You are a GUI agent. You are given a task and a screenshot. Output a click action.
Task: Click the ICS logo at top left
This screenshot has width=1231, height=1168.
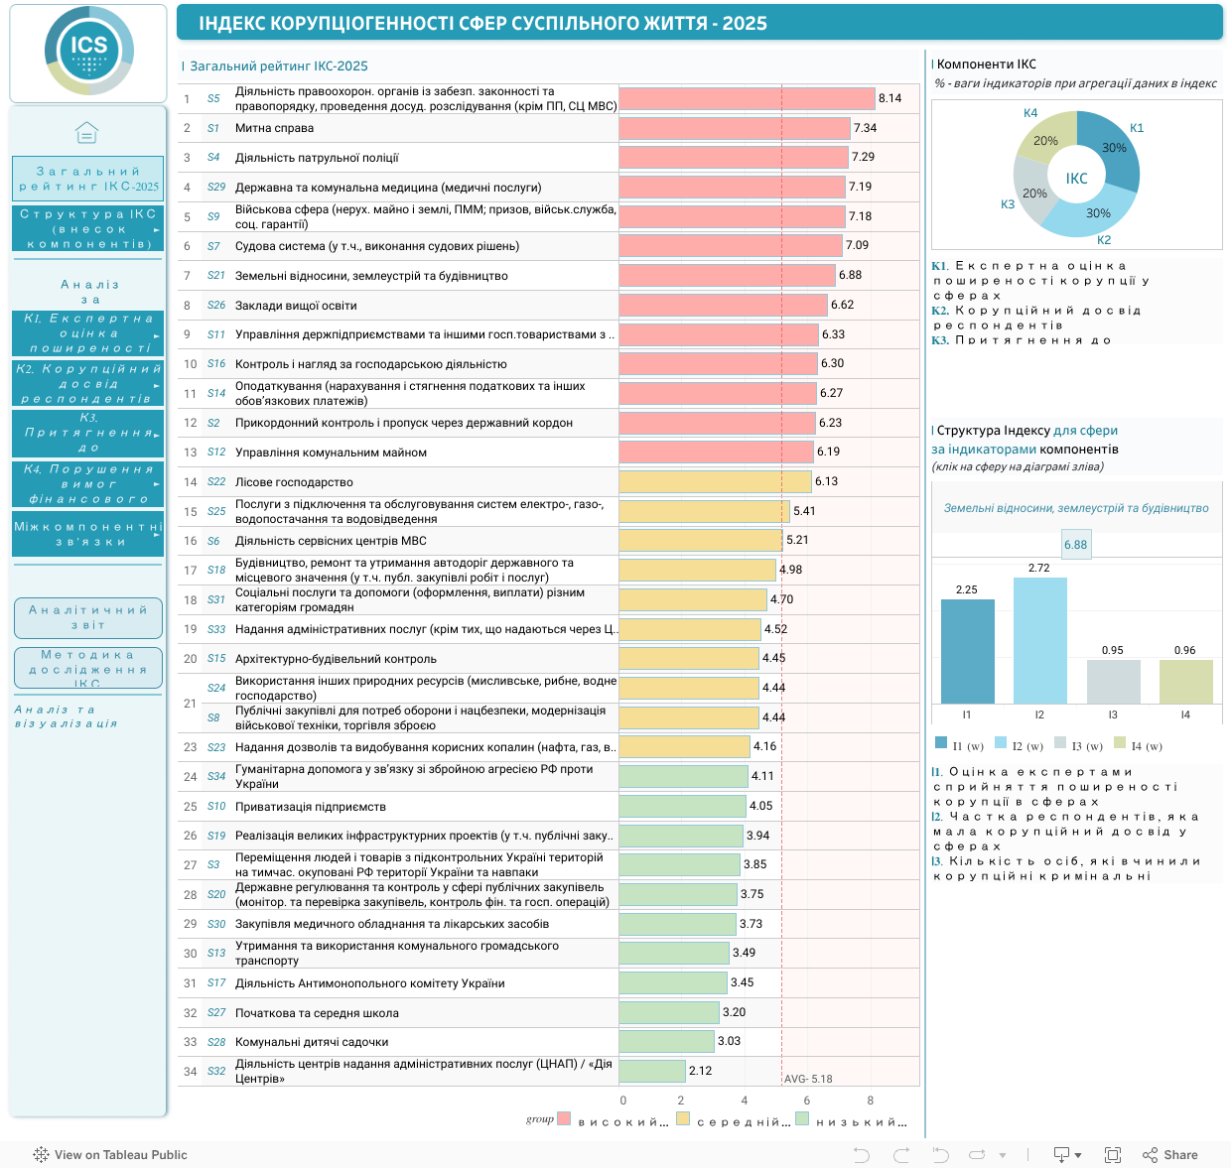(x=88, y=51)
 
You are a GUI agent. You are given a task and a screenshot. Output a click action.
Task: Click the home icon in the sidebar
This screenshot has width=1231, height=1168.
(x=86, y=132)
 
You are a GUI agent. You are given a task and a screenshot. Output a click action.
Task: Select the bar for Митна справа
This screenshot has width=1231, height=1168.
(x=735, y=128)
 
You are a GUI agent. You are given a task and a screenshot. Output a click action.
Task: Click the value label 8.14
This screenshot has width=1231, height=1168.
(x=889, y=98)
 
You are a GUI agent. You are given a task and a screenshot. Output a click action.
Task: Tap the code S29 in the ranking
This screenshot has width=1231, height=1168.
(x=216, y=187)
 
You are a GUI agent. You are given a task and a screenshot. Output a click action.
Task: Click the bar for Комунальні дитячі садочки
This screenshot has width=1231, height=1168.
(x=666, y=1041)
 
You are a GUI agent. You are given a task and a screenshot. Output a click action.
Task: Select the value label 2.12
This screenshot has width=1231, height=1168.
(x=700, y=1071)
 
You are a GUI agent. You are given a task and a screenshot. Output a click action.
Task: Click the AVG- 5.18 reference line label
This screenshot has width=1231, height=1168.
(x=808, y=1079)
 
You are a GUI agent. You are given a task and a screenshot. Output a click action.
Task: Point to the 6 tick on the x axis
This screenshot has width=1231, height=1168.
(x=807, y=1101)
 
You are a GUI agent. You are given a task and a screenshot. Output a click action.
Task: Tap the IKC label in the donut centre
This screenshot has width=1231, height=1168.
(x=1076, y=179)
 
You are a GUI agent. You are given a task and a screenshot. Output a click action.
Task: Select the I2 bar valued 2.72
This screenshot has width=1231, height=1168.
(x=1039, y=640)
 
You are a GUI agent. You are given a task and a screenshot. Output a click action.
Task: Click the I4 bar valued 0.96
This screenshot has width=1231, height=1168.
(x=1185, y=682)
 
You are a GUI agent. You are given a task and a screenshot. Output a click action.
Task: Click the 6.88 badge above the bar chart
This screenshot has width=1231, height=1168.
(x=1075, y=545)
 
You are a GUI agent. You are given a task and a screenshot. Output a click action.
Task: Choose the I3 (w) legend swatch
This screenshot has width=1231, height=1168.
(x=1060, y=742)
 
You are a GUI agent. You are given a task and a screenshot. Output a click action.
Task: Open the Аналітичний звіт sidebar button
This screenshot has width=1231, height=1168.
(x=88, y=618)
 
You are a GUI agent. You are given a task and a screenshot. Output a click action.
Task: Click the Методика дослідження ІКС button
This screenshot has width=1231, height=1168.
(x=88, y=668)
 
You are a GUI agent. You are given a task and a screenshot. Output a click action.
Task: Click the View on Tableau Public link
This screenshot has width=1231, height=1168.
(x=110, y=1154)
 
